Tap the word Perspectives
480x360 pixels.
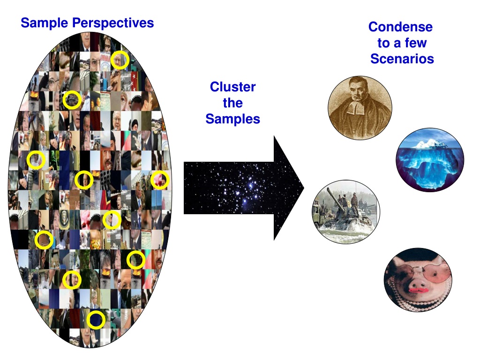(113, 23)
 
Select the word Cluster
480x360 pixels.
(232, 87)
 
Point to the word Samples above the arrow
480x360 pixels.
(232, 119)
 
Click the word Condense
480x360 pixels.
(400, 27)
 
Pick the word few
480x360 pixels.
(415, 43)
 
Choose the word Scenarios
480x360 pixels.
(402, 59)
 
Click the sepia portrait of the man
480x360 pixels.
(360, 108)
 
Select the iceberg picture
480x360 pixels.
(430, 160)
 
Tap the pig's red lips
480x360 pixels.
(418, 290)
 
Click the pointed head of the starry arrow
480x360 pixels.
(304, 188)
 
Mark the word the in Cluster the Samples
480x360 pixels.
(232, 103)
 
